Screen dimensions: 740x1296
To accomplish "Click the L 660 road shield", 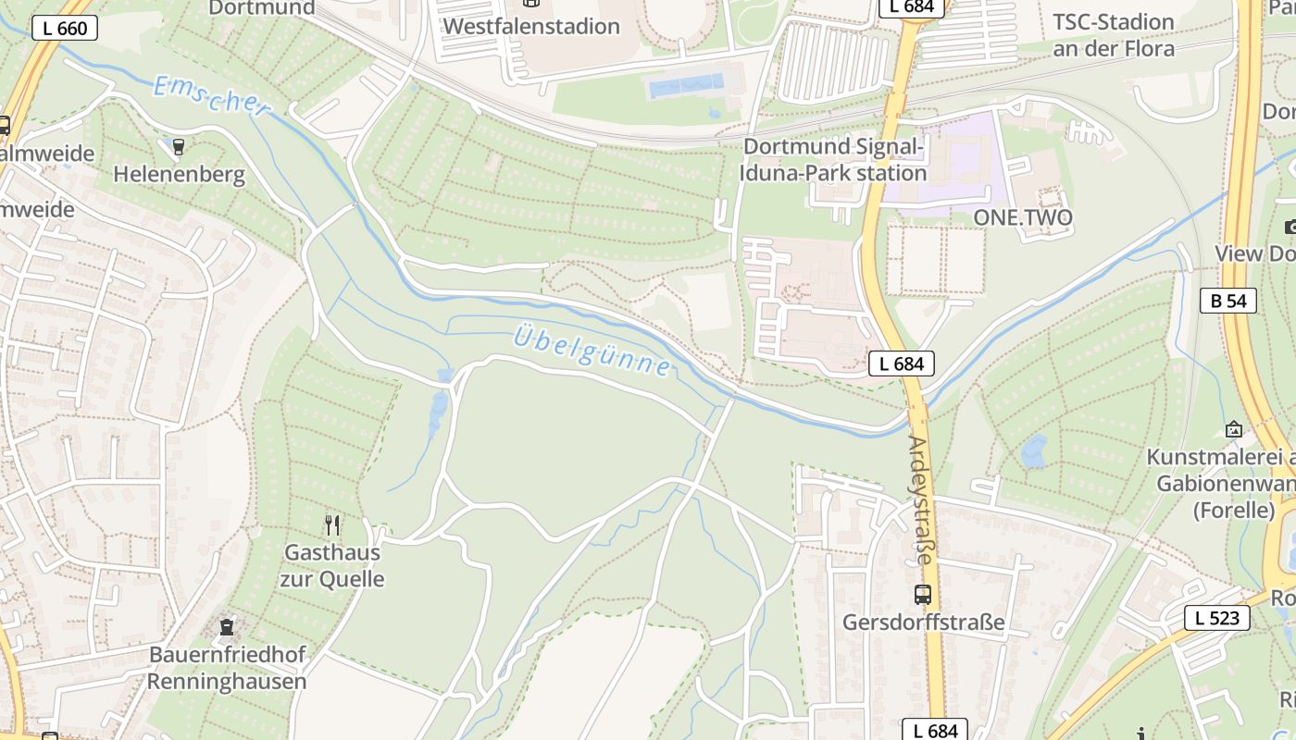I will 65,28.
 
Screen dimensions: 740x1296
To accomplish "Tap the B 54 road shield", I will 1227,300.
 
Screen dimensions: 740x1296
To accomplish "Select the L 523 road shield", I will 1216,618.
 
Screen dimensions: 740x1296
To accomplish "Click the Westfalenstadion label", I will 531,26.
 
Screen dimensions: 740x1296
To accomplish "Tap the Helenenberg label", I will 179,174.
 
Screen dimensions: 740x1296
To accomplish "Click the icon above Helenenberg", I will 179,146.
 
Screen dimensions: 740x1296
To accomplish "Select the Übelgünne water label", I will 592,350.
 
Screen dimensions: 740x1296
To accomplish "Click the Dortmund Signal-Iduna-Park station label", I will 834,159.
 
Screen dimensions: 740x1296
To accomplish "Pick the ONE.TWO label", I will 1023,218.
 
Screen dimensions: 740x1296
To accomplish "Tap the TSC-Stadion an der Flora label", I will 1114,35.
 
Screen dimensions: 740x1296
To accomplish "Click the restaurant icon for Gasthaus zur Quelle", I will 332,525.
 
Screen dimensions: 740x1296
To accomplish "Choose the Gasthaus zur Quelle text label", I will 332,566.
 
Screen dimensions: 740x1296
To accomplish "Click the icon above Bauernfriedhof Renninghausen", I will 227,627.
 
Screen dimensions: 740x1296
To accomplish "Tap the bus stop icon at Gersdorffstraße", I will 922,595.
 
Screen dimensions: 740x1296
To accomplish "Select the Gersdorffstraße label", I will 923,623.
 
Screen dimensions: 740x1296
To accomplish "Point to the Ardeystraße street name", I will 922,499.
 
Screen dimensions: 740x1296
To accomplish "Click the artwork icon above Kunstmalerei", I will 1233,429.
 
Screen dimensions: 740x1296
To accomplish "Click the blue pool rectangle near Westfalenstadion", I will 686,86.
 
